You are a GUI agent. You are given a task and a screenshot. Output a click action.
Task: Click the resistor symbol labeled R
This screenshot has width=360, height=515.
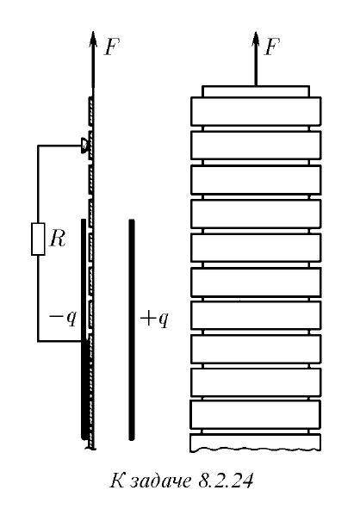[38, 239]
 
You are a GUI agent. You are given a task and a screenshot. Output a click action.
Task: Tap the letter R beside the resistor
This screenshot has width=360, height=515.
[58, 238]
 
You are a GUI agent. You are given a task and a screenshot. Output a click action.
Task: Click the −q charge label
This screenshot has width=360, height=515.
[63, 318]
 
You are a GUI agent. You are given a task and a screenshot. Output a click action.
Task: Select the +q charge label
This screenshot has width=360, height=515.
[154, 319]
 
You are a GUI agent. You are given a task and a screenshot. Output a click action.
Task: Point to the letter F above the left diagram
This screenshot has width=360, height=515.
[112, 47]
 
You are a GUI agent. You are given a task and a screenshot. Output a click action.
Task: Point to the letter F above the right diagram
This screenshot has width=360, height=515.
[272, 47]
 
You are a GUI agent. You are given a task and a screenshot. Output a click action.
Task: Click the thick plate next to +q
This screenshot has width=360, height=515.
[132, 330]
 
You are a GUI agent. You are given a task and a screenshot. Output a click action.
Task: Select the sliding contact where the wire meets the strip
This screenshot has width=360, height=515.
[84, 146]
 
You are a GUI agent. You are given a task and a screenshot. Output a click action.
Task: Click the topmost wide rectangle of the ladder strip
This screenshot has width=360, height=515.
[256, 111]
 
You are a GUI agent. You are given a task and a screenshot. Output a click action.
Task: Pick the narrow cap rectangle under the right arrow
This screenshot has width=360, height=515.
[256, 91]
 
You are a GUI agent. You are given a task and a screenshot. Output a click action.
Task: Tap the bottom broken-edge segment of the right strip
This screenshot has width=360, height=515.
[255, 443]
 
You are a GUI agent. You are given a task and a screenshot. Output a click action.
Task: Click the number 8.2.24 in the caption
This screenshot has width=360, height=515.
[226, 481]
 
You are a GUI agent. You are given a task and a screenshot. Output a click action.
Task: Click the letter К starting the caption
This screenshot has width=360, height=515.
[117, 481]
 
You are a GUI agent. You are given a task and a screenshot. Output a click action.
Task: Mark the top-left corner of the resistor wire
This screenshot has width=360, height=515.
[38, 146]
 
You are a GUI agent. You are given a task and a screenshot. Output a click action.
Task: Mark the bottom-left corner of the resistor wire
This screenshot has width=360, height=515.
[38, 341]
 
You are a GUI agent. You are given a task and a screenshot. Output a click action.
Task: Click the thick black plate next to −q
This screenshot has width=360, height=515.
[84, 329]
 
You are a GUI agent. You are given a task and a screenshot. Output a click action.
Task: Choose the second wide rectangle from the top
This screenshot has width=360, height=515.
[256, 146]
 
